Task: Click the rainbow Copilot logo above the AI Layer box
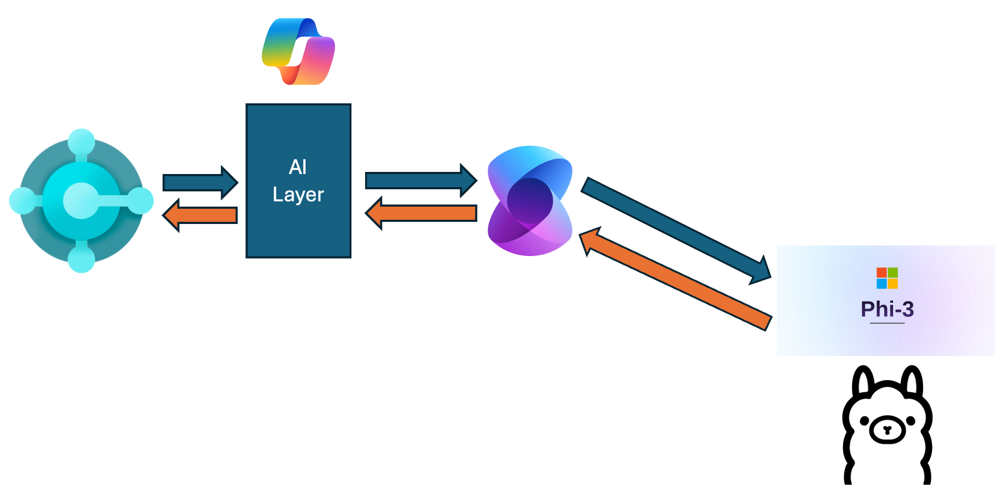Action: [298, 52]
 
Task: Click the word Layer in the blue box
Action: [298, 195]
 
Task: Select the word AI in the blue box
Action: [298, 167]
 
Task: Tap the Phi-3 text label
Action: [887, 309]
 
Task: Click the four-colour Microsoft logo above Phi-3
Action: [887, 278]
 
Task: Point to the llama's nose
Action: [887, 430]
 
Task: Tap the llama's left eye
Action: [864, 421]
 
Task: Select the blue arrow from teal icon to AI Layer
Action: [200, 183]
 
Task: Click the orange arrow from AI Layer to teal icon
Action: [200, 215]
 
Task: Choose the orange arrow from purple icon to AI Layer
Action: [420, 213]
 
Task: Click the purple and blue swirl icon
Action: [530, 201]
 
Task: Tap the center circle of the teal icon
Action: [81, 200]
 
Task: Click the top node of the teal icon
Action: [81, 141]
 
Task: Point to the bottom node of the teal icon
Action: [81, 259]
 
